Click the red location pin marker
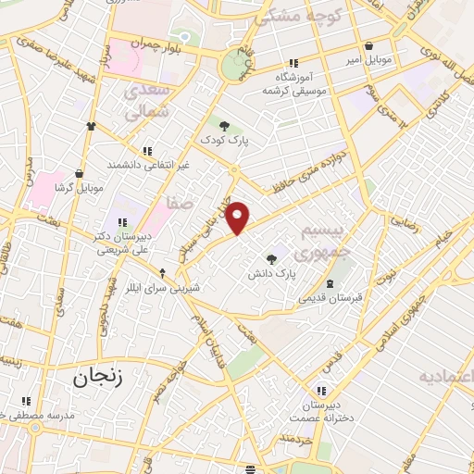point(239,218)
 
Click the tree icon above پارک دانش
point(271,259)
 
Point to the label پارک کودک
point(223,141)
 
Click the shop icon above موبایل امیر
point(369,45)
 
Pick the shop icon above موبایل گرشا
point(80,173)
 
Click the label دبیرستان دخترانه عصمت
point(322,412)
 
